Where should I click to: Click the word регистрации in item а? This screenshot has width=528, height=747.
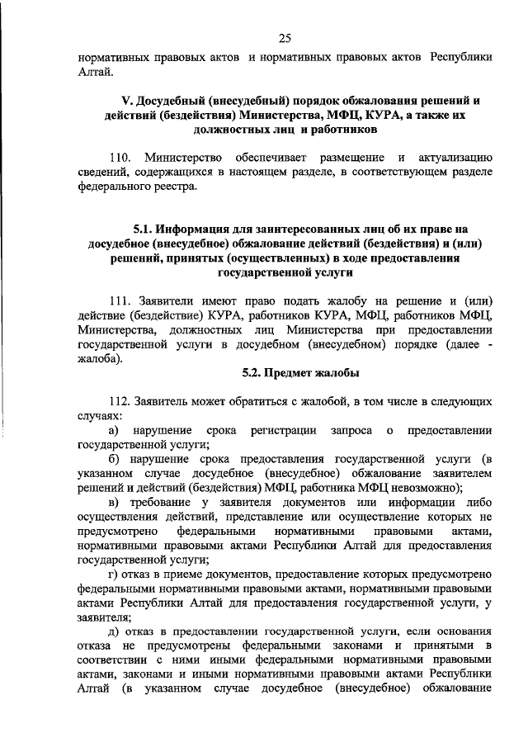pyautogui.click(x=287, y=430)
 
